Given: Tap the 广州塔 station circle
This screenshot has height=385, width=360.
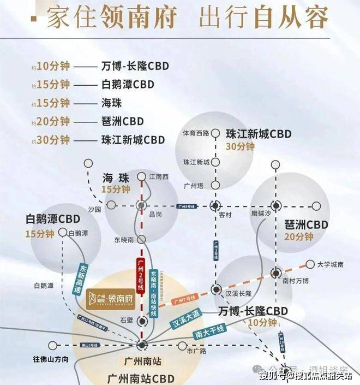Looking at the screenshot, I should pos(215,185).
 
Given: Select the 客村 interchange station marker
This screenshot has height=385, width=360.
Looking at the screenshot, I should pos(216,205).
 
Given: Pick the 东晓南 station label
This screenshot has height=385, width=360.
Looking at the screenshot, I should pos(124,239).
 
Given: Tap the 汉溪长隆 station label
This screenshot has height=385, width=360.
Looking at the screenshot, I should pos(238,293).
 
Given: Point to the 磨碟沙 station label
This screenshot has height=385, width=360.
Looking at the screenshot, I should pos(261,214).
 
